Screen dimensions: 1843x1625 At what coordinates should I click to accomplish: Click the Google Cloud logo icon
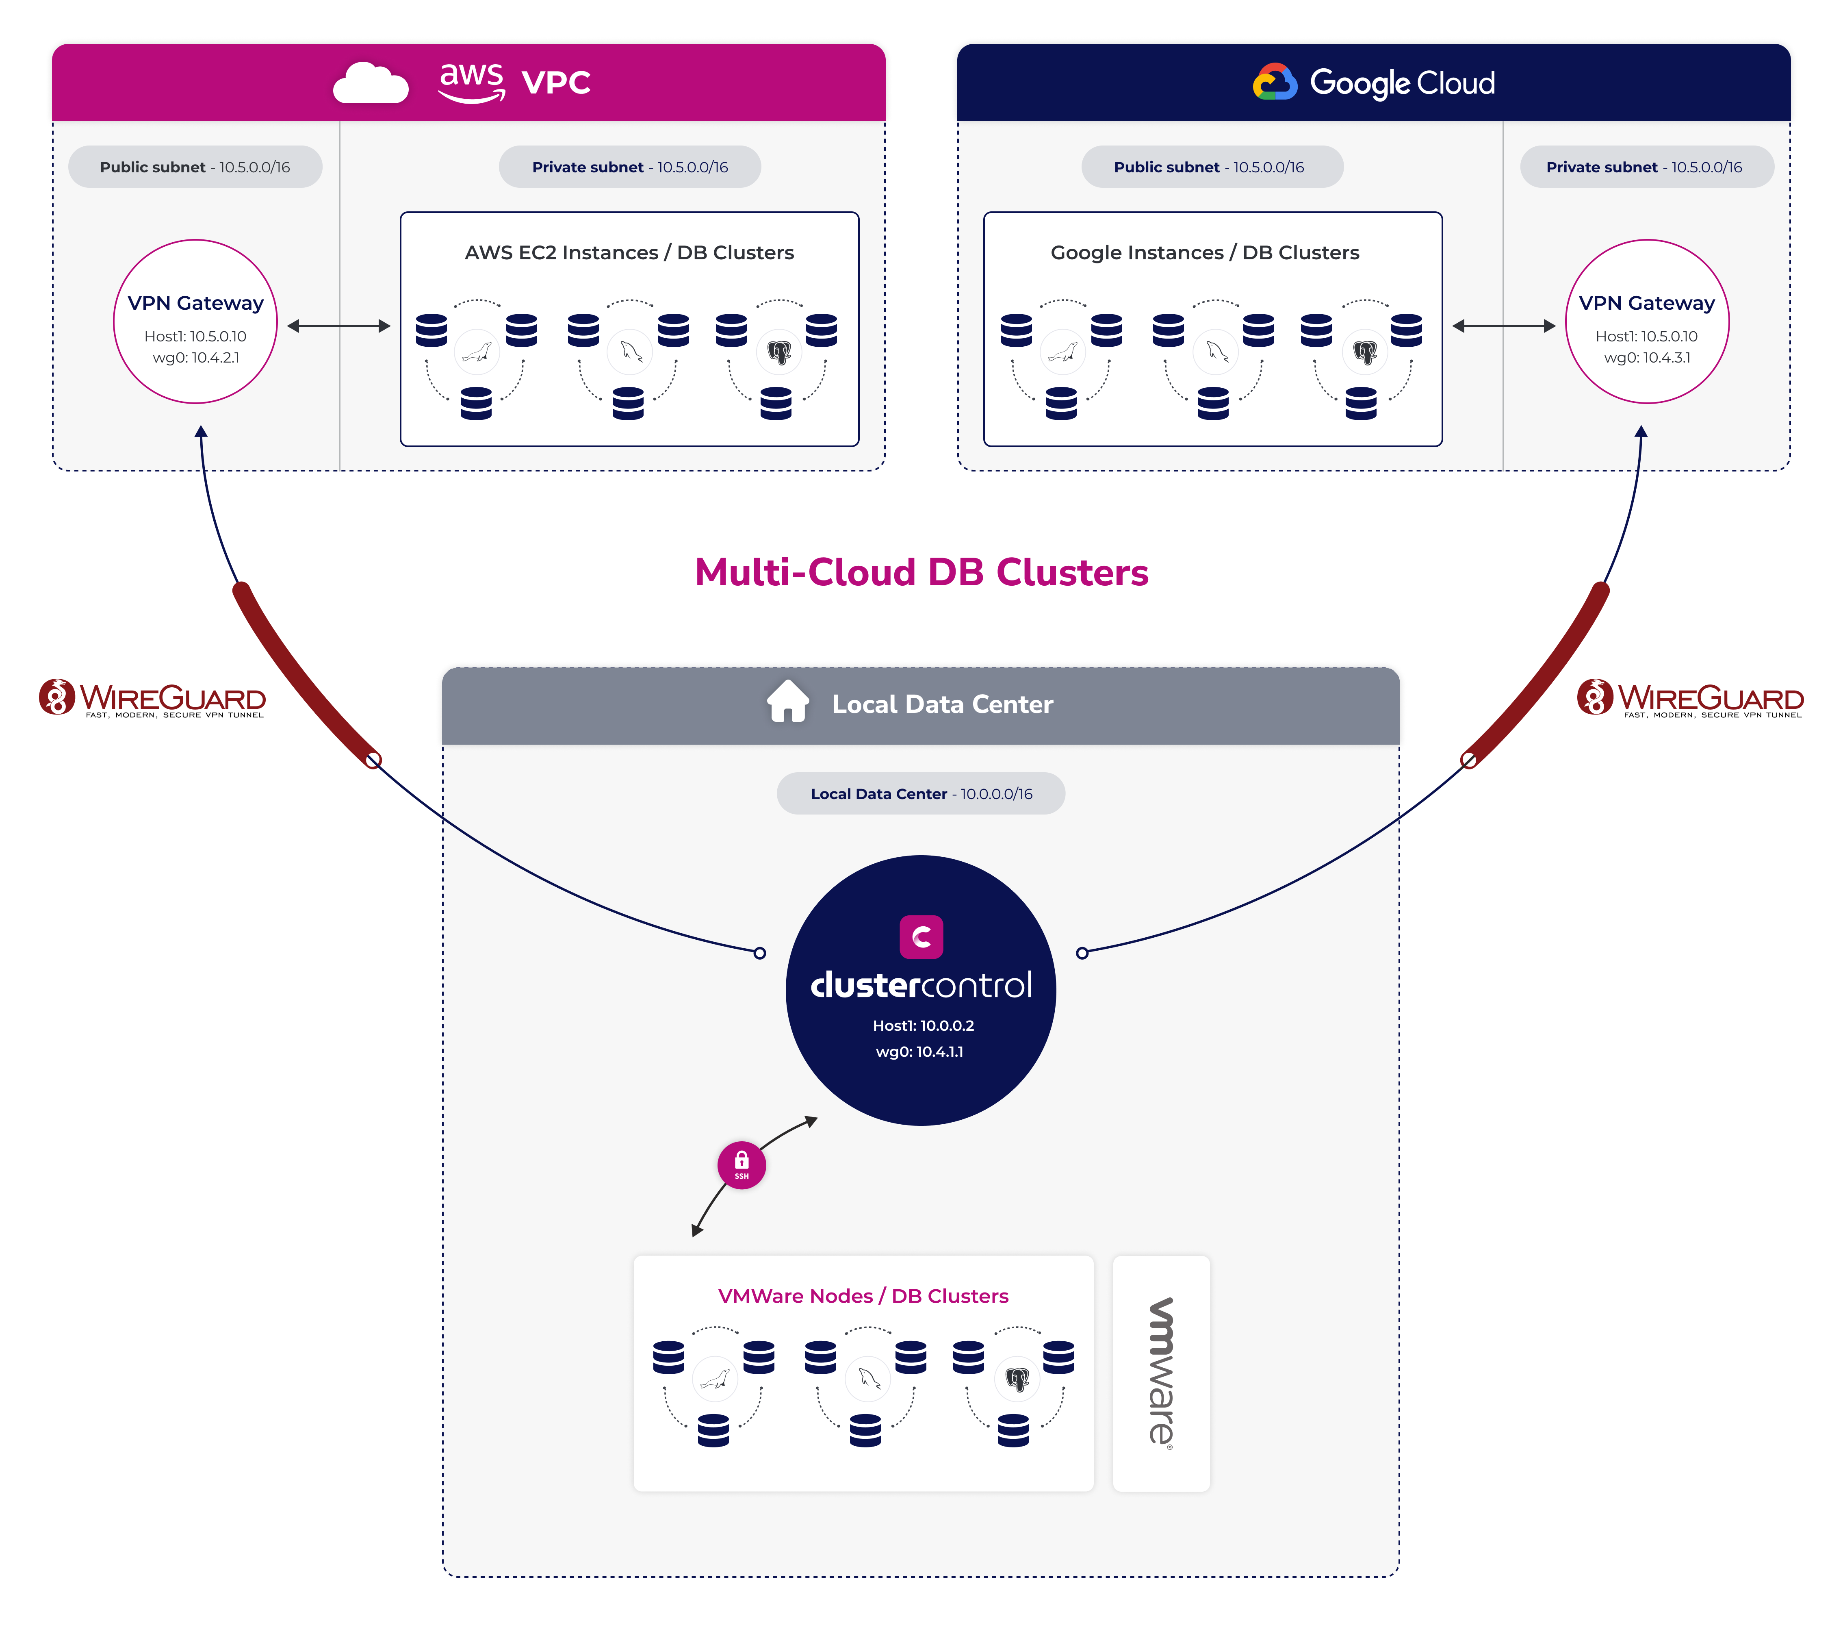pos(1274,82)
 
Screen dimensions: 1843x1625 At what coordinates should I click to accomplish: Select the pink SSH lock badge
pos(741,1165)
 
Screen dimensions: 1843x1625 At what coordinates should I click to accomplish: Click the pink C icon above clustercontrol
pos(921,937)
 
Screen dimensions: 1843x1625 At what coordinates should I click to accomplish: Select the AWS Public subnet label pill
pos(195,167)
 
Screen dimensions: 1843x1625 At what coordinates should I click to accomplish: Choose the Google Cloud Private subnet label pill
pos(1646,167)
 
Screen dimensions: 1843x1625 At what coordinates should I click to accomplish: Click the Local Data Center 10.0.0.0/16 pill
pos(921,793)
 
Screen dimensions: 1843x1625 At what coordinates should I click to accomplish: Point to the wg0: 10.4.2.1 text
pos(196,357)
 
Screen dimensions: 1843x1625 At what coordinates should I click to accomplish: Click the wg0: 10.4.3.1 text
pos(1646,357)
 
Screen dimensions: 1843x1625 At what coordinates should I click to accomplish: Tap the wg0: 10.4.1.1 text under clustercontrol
pos(920,1051)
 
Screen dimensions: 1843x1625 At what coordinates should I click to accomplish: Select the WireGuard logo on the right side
pos(1690,698)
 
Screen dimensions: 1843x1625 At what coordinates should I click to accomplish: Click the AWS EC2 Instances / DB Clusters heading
pos(629,252)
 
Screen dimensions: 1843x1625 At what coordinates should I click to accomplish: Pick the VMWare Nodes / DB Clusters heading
pos(863,1296)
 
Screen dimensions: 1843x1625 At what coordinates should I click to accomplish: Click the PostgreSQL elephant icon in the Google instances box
pos(1365,352)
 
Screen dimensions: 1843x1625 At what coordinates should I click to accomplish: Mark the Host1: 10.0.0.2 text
pos(923,1025)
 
